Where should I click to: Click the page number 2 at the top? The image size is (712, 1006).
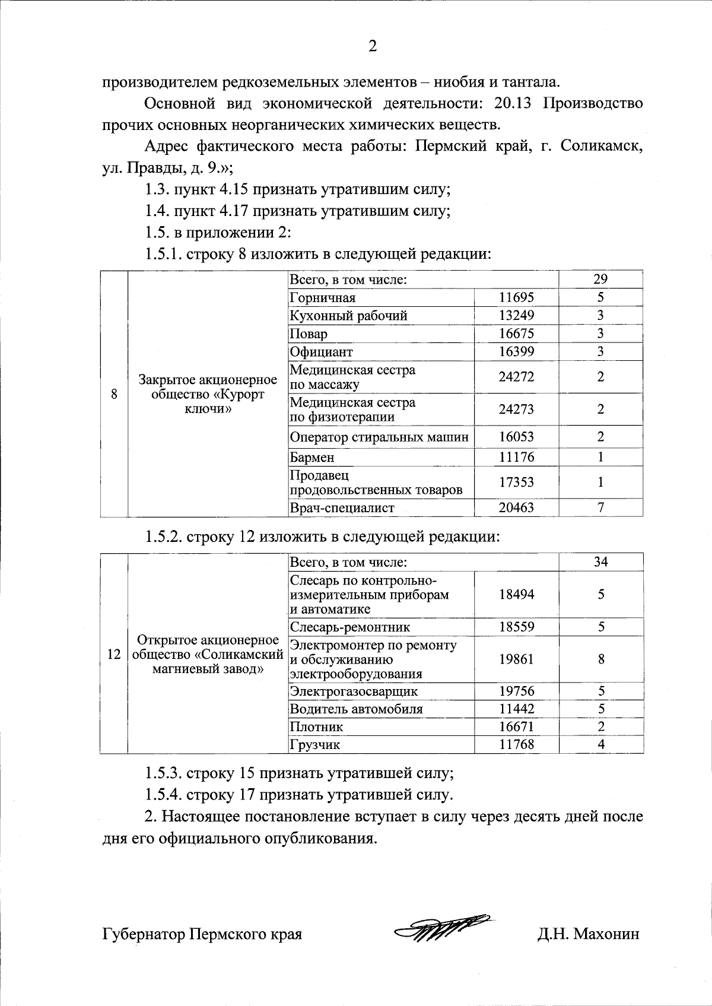pos(373,46)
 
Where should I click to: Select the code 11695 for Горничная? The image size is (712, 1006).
pos(516,297)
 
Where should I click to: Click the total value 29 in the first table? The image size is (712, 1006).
pos(600,280)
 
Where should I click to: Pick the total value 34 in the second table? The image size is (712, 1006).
pos(600,561)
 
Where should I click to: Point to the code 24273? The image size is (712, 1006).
pos(516,410)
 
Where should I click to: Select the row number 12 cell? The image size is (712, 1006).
pos(114,655)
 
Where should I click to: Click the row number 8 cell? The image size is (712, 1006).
pos(114,394)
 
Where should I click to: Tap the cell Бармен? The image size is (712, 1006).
pos(312,458)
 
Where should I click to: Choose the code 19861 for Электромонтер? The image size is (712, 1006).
pos(516,659)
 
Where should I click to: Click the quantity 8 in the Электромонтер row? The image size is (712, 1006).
pos(600,659)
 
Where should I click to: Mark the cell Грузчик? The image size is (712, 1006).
pos(315,745)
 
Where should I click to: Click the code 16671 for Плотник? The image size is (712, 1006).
pos(516,726)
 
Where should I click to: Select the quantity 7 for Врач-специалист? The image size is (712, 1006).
pos(600,507)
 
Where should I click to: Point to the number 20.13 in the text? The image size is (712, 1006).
pos(515,104)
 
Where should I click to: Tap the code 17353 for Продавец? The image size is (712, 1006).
pos(516,483)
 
